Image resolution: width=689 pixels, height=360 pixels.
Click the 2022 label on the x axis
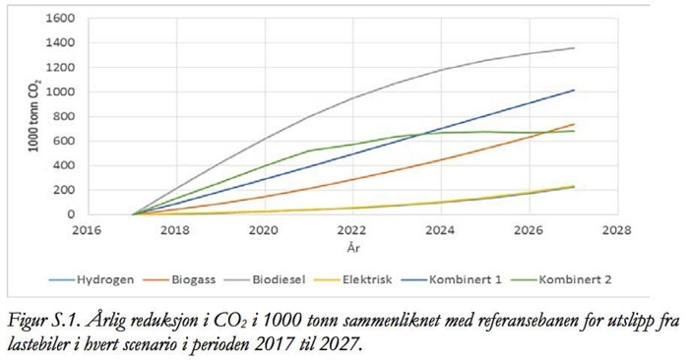point(351,232)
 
